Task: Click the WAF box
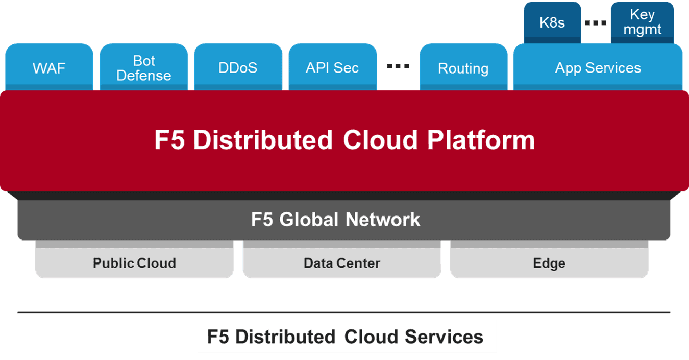49,67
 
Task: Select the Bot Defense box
143,67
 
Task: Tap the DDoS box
238,67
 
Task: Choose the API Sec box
332,67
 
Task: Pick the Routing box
463,67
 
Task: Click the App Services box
598,67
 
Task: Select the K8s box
552,22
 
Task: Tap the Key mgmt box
642,22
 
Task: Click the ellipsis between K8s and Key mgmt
596,23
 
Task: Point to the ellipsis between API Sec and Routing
398,66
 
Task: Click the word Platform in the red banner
481,140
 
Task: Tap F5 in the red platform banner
169,140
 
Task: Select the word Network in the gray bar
383,220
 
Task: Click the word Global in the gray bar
308,220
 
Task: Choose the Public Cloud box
134,259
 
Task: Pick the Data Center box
342,259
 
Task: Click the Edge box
549,259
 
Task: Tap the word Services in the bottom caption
444,337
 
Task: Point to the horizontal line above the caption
344,313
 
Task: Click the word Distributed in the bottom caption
285,337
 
